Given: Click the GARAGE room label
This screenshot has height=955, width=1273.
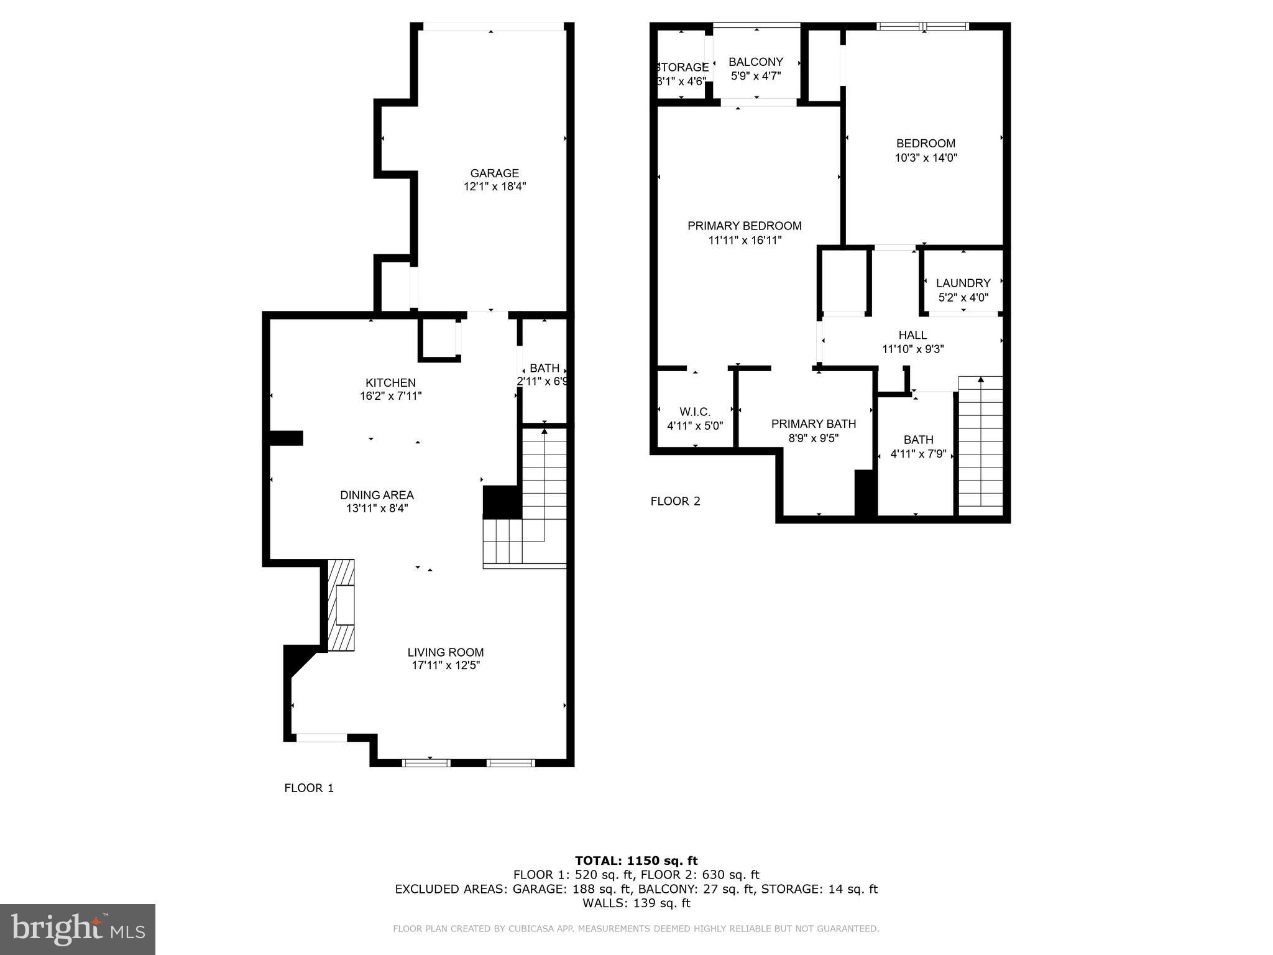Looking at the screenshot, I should [x=494, y=173].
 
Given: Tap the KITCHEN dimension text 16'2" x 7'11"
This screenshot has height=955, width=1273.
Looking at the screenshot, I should [x=390, y=396].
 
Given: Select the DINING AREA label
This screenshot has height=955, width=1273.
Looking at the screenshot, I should [x=377, y=495].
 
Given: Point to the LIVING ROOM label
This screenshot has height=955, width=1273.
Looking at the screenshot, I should [x=445, y=652].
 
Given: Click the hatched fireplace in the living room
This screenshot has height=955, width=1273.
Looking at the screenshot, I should [x=341, y=605].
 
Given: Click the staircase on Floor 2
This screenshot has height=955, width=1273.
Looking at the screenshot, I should [x=980, y=445].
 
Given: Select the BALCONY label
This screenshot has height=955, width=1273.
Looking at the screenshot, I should [x=756, y=62].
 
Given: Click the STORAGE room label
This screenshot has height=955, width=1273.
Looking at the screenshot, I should [x=682, y=67].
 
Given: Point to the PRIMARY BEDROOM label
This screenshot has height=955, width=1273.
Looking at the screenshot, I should [x=744, y=226].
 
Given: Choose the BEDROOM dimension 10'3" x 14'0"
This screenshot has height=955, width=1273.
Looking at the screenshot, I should [x=926, y=158].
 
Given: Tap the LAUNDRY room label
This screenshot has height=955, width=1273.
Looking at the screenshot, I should [x=963, y=283].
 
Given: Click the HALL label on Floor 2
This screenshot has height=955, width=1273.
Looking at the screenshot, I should [x=912, y=335].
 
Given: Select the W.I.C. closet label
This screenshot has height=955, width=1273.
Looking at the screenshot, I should [x=695, y=412].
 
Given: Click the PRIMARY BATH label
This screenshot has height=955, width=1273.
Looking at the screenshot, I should [x=813, y=423].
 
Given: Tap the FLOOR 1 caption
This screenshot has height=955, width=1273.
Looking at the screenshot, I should [x=309, y=788].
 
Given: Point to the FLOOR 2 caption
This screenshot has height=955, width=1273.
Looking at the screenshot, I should [x=675, y=501].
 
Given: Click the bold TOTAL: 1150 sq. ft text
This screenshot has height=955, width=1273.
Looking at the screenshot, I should [x=636, y=860].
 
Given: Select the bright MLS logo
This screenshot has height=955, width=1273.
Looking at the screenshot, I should [x=78, y=929].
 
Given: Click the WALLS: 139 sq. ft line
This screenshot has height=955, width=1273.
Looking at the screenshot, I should [x=636, y=903].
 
